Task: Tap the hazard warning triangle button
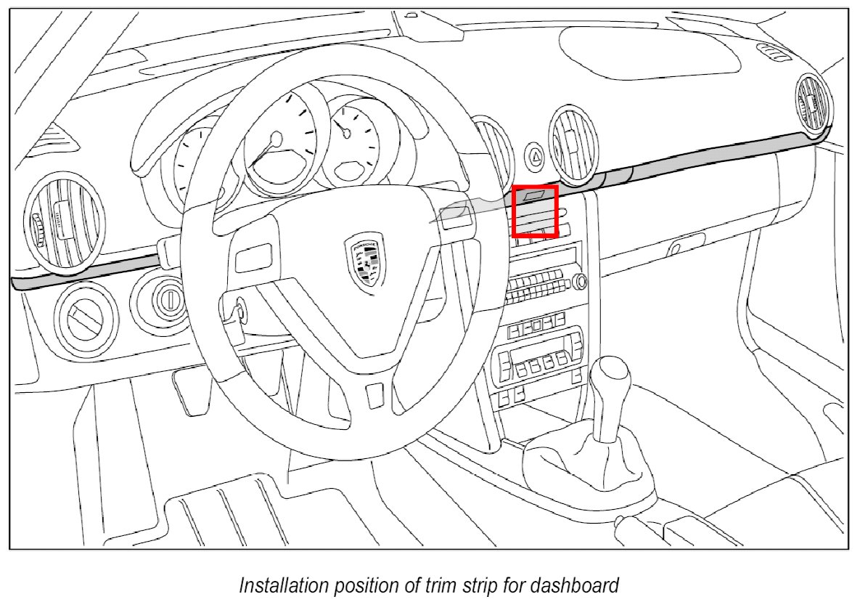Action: [536, 155]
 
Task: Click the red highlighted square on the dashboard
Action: [535, 211]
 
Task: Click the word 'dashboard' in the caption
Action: [583, 585]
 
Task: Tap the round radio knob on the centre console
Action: [578, 281]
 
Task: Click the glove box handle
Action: [687, 245]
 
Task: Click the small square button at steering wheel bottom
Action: [374, 395]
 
